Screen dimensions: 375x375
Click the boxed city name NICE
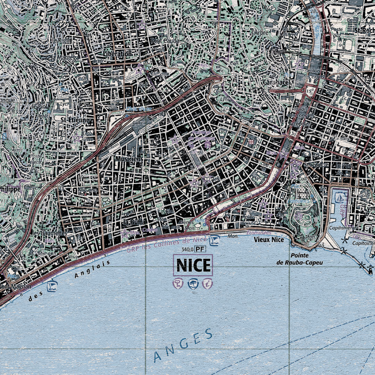(x=193, y=265)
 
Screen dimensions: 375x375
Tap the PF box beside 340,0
(x=200, y=249)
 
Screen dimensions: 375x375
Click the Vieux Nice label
(x=269, y=240)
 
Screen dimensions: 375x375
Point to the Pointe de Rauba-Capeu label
(x=299, y=259)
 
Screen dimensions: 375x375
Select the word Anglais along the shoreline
(x=92, y=269)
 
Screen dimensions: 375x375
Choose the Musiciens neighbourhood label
(x=127, y=159)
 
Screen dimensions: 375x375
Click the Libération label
(x=117, y=54)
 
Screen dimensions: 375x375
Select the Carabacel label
(x=276, y=82)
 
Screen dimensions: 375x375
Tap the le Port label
(x=344, y=165)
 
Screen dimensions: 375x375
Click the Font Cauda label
(x=165, y=41)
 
